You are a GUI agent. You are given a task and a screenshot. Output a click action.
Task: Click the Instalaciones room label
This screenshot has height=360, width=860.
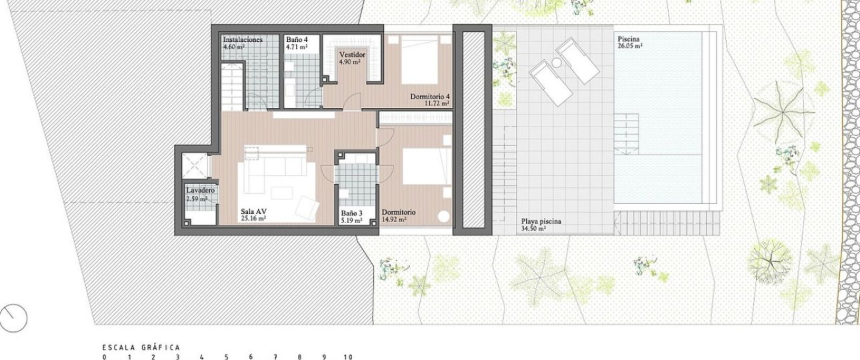pos(243,39)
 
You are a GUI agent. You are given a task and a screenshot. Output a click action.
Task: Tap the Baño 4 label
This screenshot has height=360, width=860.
pos(297,39)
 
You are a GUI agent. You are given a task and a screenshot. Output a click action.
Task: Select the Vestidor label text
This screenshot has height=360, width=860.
pos(352,55)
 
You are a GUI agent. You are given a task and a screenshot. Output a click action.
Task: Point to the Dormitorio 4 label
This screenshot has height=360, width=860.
pos(429,96)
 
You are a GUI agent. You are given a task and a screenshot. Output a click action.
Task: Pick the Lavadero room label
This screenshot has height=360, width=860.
pos(201,191)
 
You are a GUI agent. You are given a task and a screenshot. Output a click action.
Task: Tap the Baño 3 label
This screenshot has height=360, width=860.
pos(352,213)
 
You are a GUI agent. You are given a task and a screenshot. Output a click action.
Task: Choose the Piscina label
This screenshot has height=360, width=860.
pos(629,39)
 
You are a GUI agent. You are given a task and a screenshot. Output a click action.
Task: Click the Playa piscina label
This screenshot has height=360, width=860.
pos(541,221)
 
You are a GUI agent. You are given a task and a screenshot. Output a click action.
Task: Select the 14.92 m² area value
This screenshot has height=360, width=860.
pos(394,219)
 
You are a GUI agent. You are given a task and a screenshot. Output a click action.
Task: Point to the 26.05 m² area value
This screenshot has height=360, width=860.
pos(630,46)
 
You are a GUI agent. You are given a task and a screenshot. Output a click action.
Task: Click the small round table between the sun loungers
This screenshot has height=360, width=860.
pos(556,62)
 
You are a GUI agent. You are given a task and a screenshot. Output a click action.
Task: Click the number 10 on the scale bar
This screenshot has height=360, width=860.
pos(348,357)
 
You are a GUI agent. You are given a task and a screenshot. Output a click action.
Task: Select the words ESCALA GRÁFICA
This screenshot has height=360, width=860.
pos(141,348)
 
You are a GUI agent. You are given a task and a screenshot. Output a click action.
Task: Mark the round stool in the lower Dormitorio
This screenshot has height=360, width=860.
pos(443,217)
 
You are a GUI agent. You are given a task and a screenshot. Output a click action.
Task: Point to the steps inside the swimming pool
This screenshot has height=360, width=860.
pos(626,134)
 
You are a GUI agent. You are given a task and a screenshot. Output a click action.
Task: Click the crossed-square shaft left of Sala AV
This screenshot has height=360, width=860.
pos(194,165)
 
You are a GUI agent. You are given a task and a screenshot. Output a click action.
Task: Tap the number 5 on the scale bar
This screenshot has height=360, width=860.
pos(226,357)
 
